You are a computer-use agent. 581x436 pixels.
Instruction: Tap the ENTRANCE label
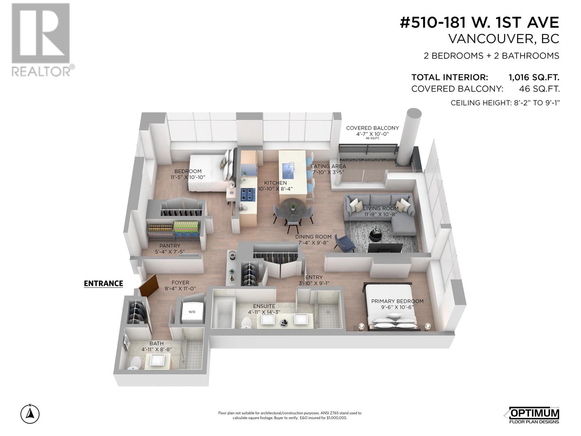(x=103, y=283)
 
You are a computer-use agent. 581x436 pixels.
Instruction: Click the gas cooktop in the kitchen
(x=248, y=195)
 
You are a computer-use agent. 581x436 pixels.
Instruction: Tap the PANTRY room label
(x=170, y=246)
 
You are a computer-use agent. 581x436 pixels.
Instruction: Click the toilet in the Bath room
(x=135, y=362)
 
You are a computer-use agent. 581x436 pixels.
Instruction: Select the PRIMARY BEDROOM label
(x=397, y=301)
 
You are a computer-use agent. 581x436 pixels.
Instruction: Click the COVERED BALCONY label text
(x=372, y=128)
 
